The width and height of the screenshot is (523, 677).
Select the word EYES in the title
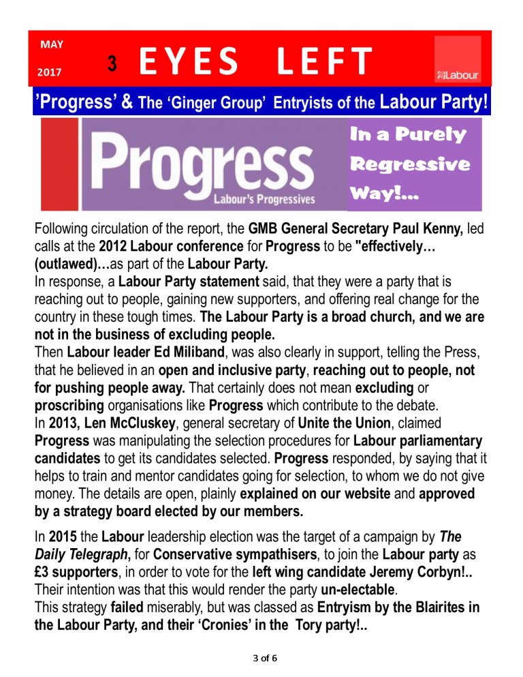(189, 62)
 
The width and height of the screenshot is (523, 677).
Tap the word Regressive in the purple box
(410, 164)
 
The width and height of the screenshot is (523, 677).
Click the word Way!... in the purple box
(384, 194)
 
